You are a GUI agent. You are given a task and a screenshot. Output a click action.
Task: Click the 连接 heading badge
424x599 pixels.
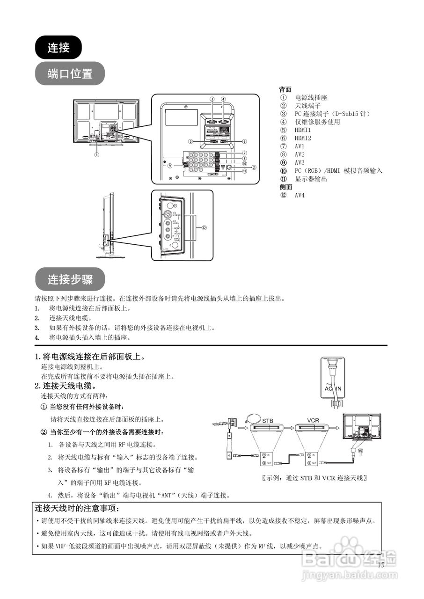[x=58, y=47]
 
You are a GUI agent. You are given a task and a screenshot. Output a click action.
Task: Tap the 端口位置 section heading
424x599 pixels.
[x=70, y=73]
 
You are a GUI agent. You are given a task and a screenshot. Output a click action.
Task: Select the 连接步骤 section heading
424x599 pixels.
[x=70, y=280]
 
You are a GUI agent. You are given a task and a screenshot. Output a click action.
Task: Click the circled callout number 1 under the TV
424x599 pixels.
[x=97, y=154]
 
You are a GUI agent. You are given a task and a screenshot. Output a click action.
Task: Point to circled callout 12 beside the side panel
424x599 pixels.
[x=205, y=228]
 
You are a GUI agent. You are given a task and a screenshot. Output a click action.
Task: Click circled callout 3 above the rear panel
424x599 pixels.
[x=212, y=99]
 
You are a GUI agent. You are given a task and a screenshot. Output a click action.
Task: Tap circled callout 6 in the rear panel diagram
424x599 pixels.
[x=245, y=141]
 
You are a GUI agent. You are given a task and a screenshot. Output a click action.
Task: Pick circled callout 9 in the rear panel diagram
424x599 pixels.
[x=170, y=165]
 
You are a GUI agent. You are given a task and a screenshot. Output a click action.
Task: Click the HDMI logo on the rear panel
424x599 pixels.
[x=213, y=173]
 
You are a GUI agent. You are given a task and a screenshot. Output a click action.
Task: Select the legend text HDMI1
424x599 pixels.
[x=303, y=130]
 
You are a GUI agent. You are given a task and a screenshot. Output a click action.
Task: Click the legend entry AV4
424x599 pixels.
[x=300, y=195]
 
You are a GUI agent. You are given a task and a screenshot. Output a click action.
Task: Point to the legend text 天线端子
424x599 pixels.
[x=307, y=106]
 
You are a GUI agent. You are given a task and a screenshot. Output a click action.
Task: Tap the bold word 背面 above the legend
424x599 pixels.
[x=285, y=89]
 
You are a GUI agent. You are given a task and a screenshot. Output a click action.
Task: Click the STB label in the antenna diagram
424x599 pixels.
[x=268, y=420]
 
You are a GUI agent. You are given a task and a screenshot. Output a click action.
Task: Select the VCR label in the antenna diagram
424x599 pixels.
[x=313, y=420]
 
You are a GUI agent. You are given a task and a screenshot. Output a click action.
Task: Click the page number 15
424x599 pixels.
[x=381, y=565]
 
